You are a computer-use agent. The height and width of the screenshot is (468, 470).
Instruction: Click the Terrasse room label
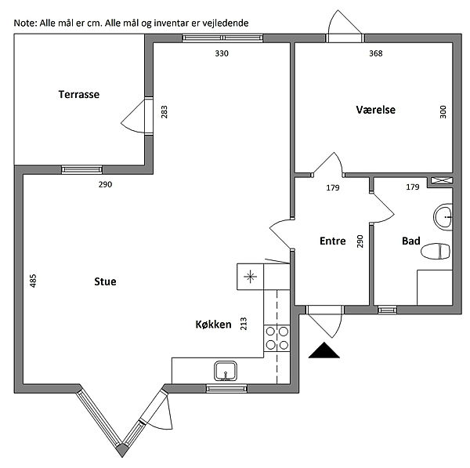79,94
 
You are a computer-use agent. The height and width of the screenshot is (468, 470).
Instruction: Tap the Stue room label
105,281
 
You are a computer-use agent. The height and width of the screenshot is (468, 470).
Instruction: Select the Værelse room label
376,110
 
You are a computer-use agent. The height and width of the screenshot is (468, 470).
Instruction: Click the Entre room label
333,241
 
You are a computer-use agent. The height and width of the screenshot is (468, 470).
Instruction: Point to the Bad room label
411,241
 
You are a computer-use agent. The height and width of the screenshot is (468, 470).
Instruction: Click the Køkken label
213,324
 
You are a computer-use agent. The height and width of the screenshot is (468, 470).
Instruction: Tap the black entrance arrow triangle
326,351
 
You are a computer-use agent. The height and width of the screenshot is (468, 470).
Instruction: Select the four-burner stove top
277,337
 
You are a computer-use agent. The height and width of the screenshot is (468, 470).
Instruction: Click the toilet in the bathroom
437,251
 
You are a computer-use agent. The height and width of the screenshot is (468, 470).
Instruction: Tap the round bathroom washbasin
444,217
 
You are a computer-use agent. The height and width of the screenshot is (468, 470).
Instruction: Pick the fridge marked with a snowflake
249,275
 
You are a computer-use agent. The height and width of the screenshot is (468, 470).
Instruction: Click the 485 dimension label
33,280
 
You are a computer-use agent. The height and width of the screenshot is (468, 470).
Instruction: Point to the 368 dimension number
376,53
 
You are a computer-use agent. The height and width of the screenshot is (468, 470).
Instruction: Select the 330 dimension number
222,53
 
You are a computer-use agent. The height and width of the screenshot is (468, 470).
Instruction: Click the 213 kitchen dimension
244,323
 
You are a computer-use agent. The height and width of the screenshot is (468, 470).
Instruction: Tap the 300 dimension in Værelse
443,111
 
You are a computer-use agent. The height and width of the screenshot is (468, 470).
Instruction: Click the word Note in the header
24,23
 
